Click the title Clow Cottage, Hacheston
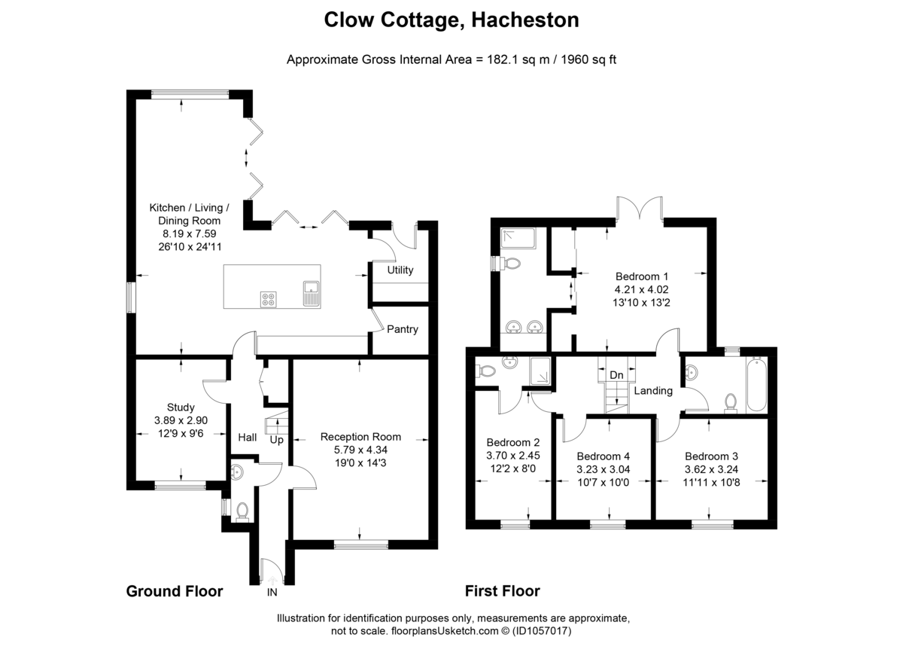[451, 20]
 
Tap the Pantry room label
[403, 329]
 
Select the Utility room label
[400, 270]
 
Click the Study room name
[181, 407]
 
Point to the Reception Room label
[360, 436]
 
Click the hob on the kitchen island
[269, 299]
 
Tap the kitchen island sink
[312, 292]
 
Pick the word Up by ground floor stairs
[276, 439]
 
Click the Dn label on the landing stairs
[616, 374]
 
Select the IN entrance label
[272, 592]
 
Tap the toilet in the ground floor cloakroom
[242, 511]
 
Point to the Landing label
[653, 390]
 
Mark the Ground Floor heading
[174, 591]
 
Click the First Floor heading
[502, 591]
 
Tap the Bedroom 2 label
[513, 442]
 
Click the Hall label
[248, 438]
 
